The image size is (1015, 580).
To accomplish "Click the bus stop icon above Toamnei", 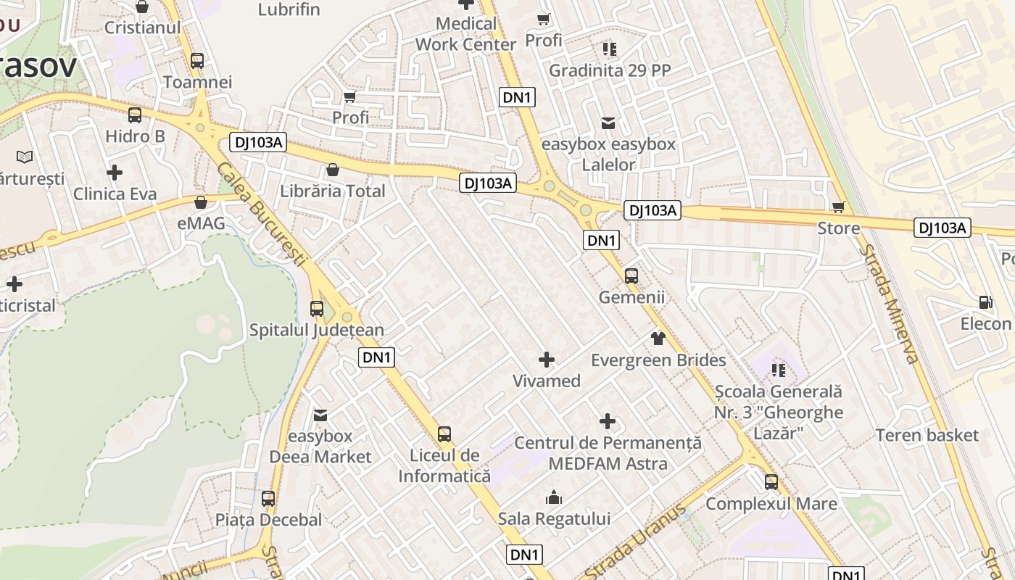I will pos(197,61).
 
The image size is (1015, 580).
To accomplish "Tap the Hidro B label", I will pos(136,136).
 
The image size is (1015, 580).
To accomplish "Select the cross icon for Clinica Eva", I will pos(115,173).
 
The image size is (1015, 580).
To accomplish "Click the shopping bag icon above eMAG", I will pos(201,202).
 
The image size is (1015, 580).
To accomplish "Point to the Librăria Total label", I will pos(333,191).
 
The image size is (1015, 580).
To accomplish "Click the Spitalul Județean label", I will pos(317,330).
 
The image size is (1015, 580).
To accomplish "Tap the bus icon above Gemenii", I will pos(631,276).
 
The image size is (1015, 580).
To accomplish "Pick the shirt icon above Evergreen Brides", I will pos(658,338).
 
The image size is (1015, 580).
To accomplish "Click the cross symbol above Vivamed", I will pos(547,359).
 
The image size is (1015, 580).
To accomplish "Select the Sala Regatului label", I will pos(554,518).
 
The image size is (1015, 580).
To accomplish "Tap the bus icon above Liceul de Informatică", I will pos(444,434).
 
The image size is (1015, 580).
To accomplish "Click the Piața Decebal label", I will pos(268,520).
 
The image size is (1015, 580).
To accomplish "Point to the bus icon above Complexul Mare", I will pos(771,481).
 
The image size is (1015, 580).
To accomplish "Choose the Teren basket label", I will pos(927,435).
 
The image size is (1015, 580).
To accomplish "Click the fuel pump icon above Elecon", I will pos(985,302).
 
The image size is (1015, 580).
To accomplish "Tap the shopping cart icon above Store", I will pos(839,207).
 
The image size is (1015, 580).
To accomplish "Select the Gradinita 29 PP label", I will pos(610,70).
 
